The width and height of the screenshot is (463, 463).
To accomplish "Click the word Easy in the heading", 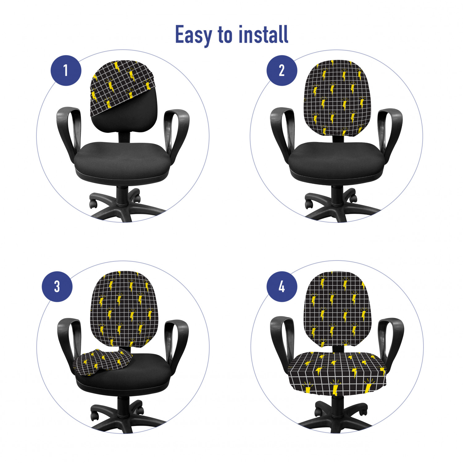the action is [x=194, y=35].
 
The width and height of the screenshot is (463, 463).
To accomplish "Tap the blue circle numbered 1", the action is [x=66, y=70].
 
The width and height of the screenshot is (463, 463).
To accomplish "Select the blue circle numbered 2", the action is [x=282, y=70].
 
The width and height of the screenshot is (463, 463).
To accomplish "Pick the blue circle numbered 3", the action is [x=57, y=286].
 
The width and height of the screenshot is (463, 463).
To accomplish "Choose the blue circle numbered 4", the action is [x=282, y=287].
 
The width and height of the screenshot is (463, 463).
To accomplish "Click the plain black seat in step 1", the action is [x=123, y=161].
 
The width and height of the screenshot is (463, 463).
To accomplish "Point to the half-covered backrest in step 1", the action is [x=123, y=96].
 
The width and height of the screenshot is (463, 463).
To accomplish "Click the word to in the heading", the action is [x=225, y=35].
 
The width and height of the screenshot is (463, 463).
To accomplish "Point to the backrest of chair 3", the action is [x=123, y=309].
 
